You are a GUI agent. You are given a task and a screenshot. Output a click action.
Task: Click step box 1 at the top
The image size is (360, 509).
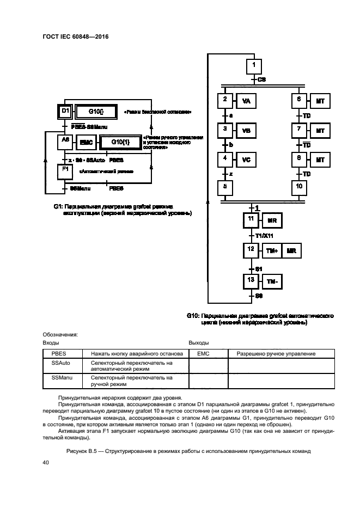(x=254, y=66)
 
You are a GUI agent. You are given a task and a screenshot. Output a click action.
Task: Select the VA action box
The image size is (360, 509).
(x=246, y=102)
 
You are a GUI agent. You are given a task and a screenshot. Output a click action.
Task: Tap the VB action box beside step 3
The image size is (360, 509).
(x=246, y=131)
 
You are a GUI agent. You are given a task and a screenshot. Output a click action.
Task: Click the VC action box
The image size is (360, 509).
(x=246, y=160)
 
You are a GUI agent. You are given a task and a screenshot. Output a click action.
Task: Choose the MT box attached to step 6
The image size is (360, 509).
(x=320, y=102)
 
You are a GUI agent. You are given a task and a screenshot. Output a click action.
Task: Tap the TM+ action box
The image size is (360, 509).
(x=272, y=251)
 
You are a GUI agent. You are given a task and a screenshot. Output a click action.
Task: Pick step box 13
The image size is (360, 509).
(x=251, y=281)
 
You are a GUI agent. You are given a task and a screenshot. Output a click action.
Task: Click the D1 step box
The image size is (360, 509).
(x=65, y=112)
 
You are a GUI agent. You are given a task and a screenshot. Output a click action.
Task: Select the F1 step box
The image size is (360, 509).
(x=65, y=171)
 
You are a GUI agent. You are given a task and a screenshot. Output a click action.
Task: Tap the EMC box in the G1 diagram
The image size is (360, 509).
(x=86, y=142)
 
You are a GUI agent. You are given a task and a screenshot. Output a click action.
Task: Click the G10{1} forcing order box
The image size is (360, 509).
(x=119, y=142)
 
